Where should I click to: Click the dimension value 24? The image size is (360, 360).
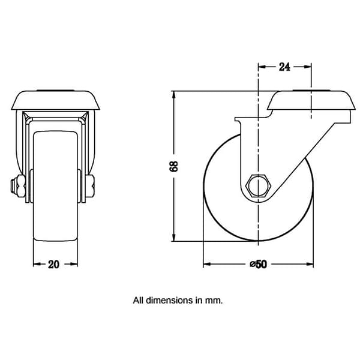coord(284,67)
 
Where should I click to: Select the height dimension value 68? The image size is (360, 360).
coord(173,166)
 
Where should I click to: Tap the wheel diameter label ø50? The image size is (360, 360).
coord(259,264)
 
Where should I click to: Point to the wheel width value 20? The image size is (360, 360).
coord(53,265)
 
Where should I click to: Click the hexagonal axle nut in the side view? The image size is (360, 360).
coord(259,186)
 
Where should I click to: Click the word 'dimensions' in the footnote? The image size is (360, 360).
coord(170,301)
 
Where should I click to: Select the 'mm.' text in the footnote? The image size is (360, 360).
coord(214,301)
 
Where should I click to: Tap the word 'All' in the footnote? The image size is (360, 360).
coord(139,301)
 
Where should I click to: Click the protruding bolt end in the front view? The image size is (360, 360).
coord(13,186)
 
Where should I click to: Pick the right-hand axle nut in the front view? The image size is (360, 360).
coord(91,186)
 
